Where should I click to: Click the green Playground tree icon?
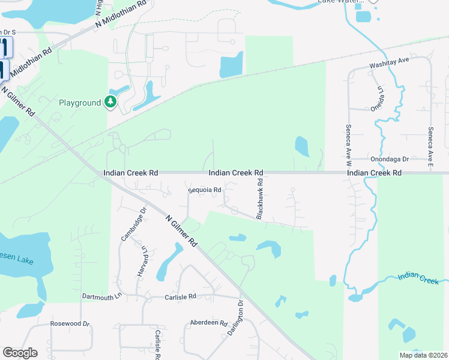[110, 103]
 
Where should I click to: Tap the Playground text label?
[80, 103]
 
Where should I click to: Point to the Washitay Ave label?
[388, 62]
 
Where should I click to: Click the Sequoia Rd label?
[205, 190]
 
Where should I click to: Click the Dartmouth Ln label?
[102, 296]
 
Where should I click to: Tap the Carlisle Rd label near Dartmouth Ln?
[181, 296]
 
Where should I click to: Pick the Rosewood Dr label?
[70, 324]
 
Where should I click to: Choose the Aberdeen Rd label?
[207, 322]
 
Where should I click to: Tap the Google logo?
[20, 353]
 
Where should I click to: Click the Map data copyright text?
[423, 355]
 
